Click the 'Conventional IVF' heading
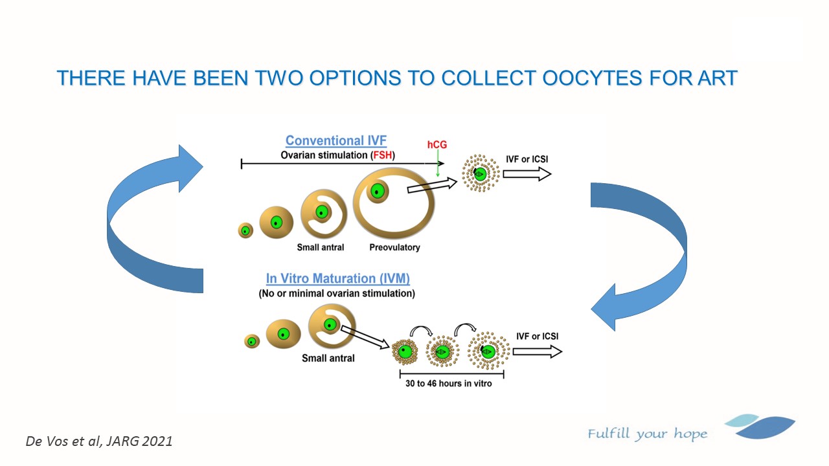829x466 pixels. (336, 140)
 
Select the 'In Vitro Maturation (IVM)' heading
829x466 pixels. (338, 278)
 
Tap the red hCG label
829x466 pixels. (437, 144)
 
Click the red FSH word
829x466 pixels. (382, 155)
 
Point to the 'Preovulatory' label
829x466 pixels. (394, 247)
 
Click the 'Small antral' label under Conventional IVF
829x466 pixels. (321, 247)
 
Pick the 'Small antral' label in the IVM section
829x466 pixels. (328, 358)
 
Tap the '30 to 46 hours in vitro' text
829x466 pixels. (449, 384)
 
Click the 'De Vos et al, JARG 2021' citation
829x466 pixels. (99, 441)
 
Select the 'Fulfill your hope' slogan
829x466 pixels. (647, 434)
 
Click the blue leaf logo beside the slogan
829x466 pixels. (760, 426)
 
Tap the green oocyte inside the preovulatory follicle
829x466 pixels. (377, 191)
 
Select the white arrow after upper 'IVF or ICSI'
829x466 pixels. (527, 174)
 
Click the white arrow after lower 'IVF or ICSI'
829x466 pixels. (538, 351)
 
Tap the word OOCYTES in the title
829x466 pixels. (591, 78)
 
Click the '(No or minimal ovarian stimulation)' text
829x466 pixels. (337, 294)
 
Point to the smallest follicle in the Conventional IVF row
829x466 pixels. (245, 230)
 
